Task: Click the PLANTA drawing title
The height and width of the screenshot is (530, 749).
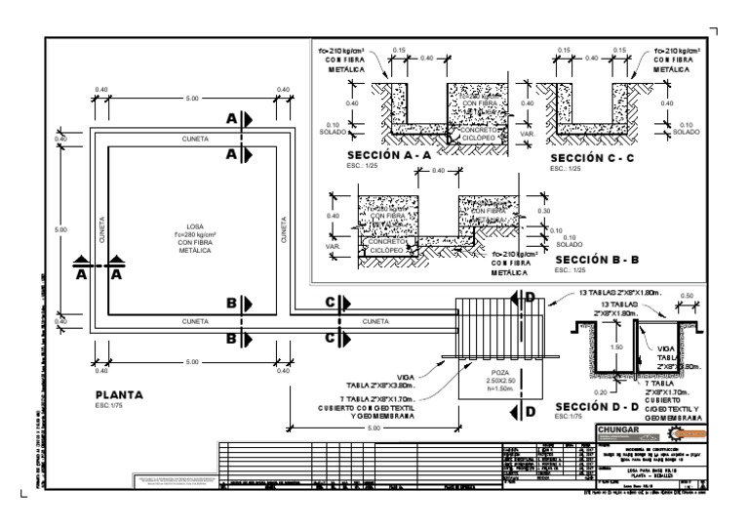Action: pos(119,395)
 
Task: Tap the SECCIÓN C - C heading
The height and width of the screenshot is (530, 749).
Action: pos(593,156)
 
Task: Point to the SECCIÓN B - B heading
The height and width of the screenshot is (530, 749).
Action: pos(598,261)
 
